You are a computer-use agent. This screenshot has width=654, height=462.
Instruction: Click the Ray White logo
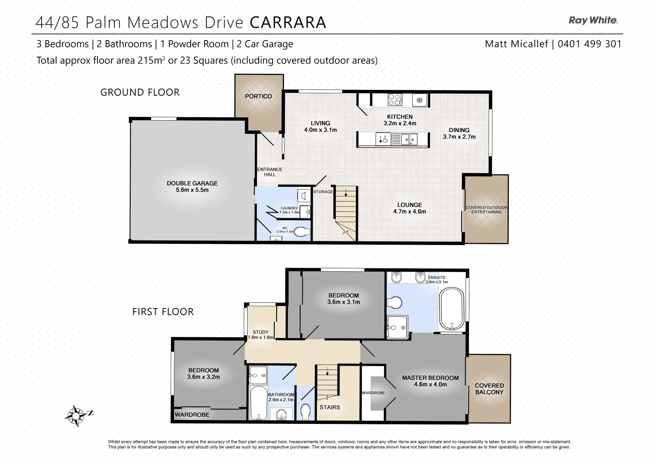593,20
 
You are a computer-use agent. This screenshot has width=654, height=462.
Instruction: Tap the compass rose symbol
77,415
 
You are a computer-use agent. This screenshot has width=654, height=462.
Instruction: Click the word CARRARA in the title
287,22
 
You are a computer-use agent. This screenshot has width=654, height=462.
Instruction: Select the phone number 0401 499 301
589,44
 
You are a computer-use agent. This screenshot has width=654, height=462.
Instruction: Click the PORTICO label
258,96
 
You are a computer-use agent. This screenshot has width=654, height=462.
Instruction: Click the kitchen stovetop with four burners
394,100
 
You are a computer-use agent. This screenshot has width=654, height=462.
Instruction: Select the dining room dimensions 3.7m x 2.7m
459,137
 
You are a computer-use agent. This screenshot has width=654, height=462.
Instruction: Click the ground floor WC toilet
302,232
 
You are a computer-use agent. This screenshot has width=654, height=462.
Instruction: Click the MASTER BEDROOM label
430,378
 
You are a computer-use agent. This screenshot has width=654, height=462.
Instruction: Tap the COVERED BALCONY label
489,388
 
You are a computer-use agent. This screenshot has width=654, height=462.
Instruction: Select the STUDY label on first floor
260,332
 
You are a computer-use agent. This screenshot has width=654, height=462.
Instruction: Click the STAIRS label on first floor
329,407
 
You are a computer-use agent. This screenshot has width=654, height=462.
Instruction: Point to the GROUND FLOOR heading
140,92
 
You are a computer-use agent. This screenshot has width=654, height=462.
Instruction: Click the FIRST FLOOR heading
163,312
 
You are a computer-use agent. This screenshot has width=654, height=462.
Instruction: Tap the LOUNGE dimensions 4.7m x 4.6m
409,211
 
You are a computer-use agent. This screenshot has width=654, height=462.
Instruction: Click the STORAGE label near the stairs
323,192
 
